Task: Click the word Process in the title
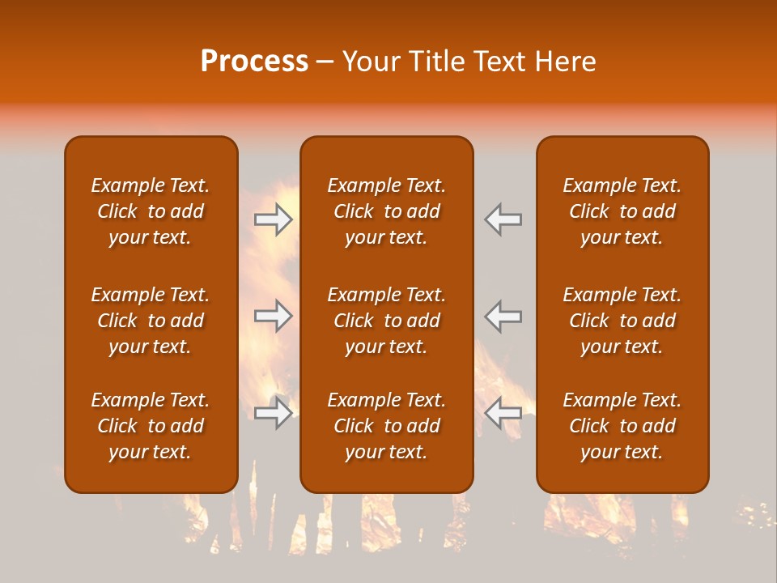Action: (x=254, y=62)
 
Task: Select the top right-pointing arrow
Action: (x=274, y=219)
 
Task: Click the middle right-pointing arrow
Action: (x=274, y=316)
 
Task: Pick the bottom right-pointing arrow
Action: (x=274, y=413)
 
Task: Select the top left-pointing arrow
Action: (x=503, y=219)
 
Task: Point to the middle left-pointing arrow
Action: (x=503, y=316)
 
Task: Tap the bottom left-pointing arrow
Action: (x=503, y=413)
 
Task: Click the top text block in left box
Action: (x=151, y=211)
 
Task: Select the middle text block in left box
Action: (x=151, y=321)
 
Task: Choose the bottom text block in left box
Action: (x=151, y=426)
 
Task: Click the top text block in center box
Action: (x=387, y=211)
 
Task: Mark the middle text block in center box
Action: (x=387, y=321)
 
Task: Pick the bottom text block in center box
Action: (x=387, y=426)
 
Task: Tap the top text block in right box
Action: (x=622, y=211)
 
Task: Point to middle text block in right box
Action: (x=622, y=321)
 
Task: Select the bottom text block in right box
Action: (x=622, y=426)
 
